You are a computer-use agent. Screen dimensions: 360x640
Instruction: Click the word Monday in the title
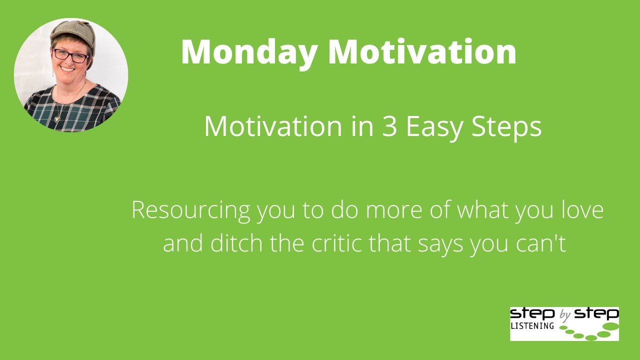(x=249, y=51)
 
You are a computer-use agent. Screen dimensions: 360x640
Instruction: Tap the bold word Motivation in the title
(x=422, y=51)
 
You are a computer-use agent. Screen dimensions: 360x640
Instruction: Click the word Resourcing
(x=190, y=210)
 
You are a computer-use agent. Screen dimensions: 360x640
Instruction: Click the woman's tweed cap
(x=73, y=31)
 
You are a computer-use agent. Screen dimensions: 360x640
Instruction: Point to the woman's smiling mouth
(x=68, y=68)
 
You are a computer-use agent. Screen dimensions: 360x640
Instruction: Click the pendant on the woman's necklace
(x=57, y=119)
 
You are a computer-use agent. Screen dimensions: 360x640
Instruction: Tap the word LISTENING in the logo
(x=532, y=326)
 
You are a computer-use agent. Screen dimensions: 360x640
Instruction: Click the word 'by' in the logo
(x=565, y=315)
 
